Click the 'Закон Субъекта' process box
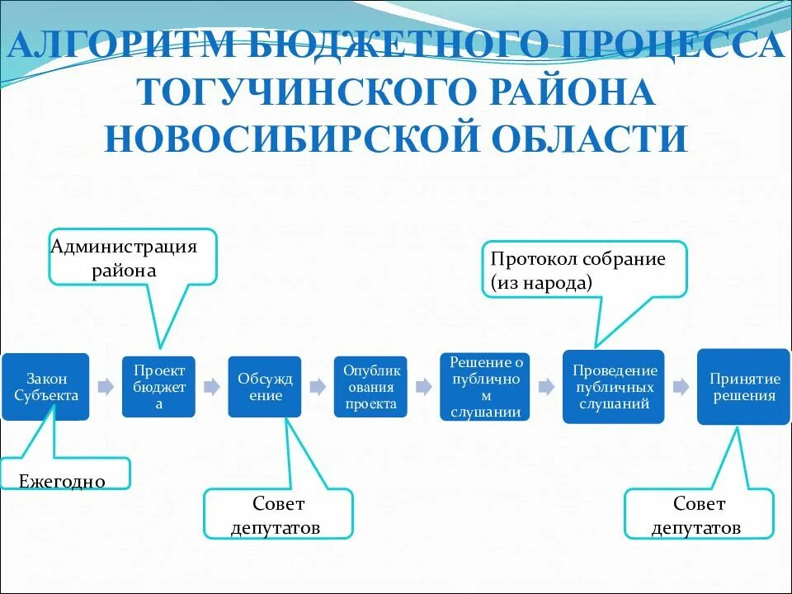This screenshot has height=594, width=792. pos(45,386)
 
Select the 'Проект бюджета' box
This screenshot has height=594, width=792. pos(159,386)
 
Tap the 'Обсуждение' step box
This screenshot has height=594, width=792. pos(265,386)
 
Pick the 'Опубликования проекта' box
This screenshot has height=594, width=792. pos(370,386)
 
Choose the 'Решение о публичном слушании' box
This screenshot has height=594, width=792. pos(485,386)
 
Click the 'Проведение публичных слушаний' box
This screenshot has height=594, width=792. pos(613,386)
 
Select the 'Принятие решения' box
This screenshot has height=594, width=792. pos(743,386)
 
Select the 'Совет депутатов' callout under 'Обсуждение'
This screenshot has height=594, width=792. pos(278,515)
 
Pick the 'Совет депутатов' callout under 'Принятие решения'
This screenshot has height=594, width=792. pos(699,515)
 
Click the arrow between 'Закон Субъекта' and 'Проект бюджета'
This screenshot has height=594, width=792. pos(106,386)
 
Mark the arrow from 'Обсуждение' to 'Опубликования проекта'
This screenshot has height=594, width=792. pos(318,386)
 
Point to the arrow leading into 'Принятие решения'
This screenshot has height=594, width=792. pos(681,386)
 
